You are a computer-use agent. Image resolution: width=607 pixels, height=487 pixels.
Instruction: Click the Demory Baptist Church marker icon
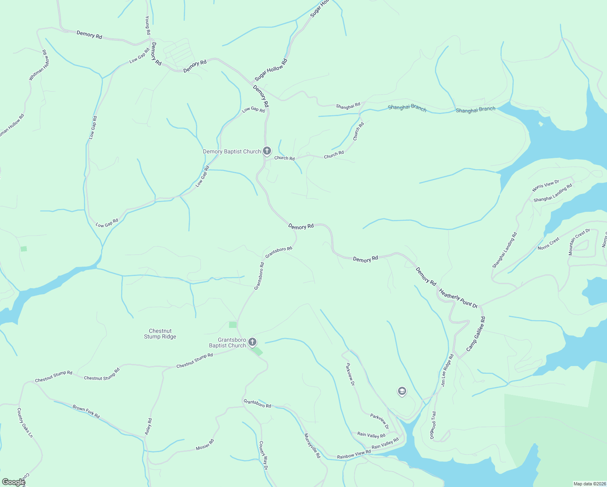(x=267, y=151)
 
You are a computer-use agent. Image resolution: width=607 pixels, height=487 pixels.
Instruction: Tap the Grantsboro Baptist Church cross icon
(x=252, y=342)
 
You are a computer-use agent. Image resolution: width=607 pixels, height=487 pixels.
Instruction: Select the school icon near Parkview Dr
(x=402, y=391)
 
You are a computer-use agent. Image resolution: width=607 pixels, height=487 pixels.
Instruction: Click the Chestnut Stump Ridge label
(x=160, y=334)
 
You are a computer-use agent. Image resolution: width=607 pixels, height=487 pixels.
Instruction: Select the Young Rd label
(x=148, y=25)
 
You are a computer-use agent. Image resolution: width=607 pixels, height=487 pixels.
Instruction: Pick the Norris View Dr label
(x=546, y=185)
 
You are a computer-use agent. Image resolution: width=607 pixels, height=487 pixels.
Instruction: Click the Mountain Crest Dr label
(x=579, y=242)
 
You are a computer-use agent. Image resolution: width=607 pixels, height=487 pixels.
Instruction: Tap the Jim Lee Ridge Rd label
(x=447, y=370)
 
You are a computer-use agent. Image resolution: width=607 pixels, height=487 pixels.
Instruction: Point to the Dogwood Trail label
(x=433, y=425)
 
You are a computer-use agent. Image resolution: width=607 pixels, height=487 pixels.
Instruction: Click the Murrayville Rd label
(x=312, y=446)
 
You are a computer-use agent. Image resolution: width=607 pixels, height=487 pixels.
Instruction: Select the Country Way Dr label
(x=263, y=455)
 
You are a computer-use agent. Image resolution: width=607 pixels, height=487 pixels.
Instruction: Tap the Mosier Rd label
(x=204, y=444)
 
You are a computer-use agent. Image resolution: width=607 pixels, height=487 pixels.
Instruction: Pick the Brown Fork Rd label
(x=86, y=411)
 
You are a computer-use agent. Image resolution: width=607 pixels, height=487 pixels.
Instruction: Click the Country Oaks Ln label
(x=25, y=422)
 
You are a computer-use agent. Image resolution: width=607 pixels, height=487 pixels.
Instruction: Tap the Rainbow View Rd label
(x=354, y=454)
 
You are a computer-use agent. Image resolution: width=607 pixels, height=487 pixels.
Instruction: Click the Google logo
(x=13, y=482)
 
